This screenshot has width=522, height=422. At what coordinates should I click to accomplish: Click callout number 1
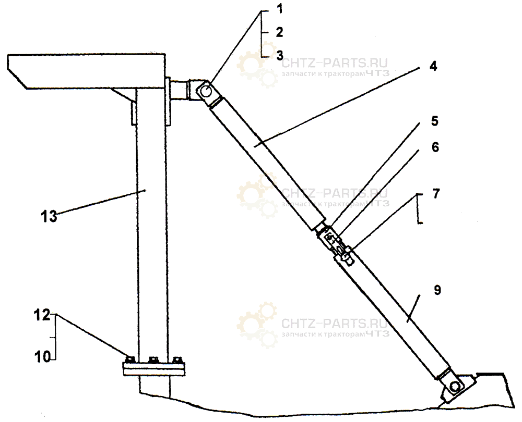[x=280, y=9]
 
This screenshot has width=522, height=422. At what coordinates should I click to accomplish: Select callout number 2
[x=280, y=32]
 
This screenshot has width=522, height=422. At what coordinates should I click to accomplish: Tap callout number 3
[x=280, y=55]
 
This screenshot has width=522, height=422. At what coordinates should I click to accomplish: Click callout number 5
[x=435, y=121]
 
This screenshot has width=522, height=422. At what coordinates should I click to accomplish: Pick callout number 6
[x=435, y=147]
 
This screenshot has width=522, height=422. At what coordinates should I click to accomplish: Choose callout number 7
[x=436, y=193]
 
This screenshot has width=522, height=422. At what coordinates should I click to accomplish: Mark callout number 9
[x=437, y=290]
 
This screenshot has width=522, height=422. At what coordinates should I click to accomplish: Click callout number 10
[x=43, y=357]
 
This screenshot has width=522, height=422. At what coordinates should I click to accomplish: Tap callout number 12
[x=42, y=315]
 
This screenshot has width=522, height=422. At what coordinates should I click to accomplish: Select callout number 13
[x=49, y=217]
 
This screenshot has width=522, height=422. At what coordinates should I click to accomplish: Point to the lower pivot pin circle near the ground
[x=455, y=387]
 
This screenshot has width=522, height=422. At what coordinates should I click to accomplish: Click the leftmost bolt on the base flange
[x=130, y=360]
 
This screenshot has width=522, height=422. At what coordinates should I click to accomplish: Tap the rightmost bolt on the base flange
[x=177, y=360]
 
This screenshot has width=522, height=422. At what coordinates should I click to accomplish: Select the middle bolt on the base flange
[x=153, y=360]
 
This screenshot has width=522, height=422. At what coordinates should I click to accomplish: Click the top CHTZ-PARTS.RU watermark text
[x=335, y=63]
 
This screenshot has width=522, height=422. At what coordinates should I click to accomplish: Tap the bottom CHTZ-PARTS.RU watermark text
[x=335, y=323]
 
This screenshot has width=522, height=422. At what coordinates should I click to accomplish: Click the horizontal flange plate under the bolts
[x=154, y=369]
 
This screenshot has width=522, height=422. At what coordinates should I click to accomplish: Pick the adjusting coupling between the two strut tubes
[x=336, y=244]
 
